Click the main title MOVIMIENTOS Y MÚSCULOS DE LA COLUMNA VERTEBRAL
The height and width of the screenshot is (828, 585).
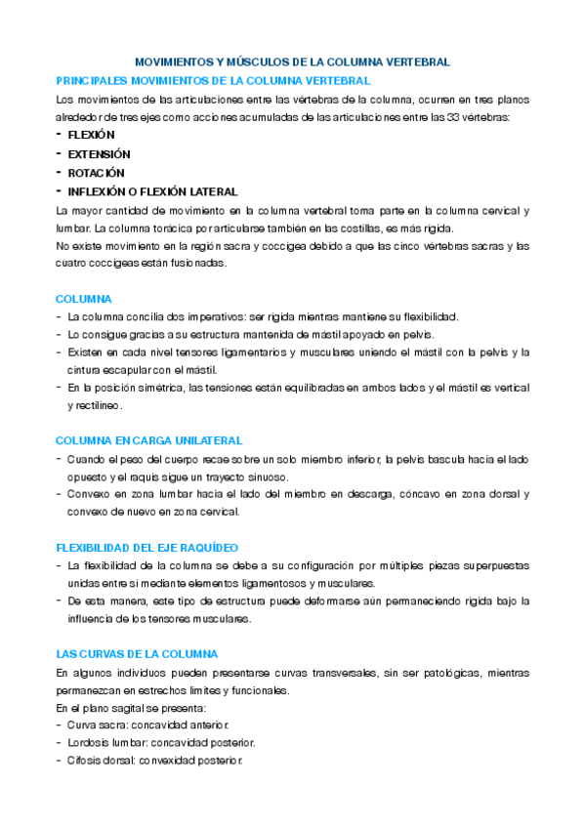click(x=291, y=62)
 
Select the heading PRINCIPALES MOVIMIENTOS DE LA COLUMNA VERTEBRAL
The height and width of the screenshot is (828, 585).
click(x=213, y=80)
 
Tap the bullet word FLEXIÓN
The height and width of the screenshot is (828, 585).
click(x=91, y=135)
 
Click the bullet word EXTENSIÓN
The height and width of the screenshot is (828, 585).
click(x=99, y=154)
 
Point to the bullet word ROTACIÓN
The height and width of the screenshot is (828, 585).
click(x=96, y=173)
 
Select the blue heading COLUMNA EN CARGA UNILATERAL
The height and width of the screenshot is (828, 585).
click(x=149, y=440)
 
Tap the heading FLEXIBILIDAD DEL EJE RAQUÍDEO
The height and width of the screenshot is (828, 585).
click(x=147, y=548)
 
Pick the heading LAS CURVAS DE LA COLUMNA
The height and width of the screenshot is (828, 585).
click(x=137, y=654)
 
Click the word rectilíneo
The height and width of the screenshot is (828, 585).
click(x=95, y=405)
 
